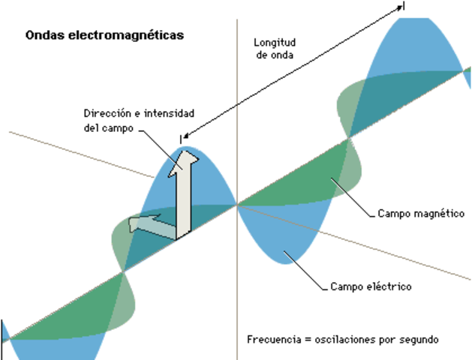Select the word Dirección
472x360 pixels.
point(107,114)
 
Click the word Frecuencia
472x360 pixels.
point(272,339)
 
